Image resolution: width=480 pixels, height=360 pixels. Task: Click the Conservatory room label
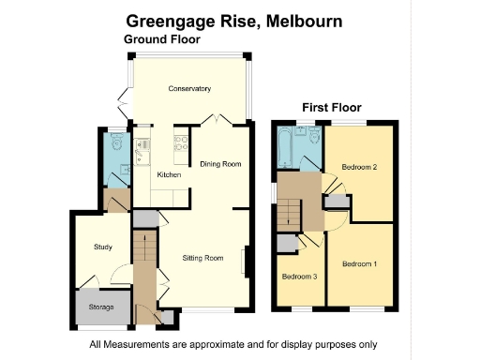[x=189, y=89]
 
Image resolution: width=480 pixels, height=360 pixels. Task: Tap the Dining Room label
[x=220, y=164]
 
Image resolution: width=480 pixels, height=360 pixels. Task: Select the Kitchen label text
[x=169, y=175]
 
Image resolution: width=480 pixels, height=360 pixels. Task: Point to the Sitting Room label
[x=202, y=257]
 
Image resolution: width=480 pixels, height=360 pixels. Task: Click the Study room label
[x=103, y=247]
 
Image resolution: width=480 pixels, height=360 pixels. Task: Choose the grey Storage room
[x=101, y=308]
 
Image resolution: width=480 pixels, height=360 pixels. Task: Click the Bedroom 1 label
[x=359, y=264]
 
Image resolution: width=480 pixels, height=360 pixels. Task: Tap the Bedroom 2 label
[x=359, y=168]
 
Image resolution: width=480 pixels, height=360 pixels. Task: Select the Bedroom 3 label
[x=299, y=277]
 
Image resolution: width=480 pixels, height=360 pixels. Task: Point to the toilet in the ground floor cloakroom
[x=116, y=143]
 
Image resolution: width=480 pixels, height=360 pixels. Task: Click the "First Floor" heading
[x=331, y=108]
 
